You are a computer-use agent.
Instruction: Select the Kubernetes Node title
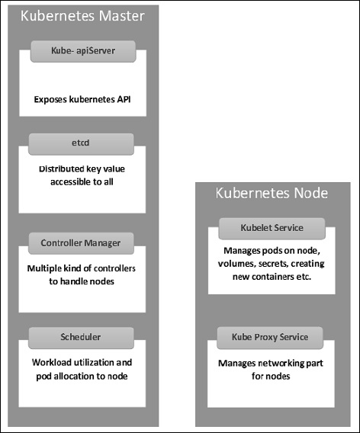coord(272,194)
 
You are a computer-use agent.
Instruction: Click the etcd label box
coord(81,142)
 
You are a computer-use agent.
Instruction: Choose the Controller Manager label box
coord(81,243)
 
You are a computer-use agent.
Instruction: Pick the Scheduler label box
coord(81,335)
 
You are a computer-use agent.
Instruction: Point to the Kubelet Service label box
coord(272,227)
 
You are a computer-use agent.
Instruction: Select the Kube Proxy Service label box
coord(272,335)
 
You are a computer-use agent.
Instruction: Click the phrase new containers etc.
coord(272,278)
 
